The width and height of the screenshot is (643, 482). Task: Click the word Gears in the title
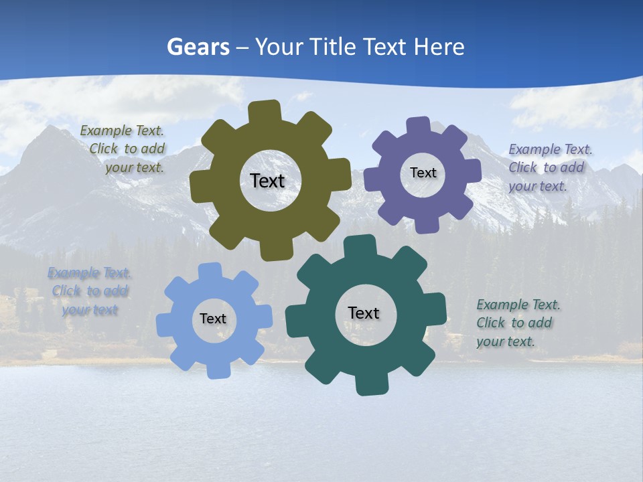(198, 47)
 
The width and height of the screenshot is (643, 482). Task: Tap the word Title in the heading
(332, 47)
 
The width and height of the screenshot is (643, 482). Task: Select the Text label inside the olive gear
(267, 181)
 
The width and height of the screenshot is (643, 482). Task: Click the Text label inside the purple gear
(423, 173)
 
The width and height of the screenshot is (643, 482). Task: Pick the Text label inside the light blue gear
(213, 319)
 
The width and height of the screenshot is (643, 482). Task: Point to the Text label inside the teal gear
(364, 313)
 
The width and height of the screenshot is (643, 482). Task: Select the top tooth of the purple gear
(418, 125)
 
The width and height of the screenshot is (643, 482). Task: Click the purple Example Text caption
(550, 167)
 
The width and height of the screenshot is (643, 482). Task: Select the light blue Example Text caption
(90, 291)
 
